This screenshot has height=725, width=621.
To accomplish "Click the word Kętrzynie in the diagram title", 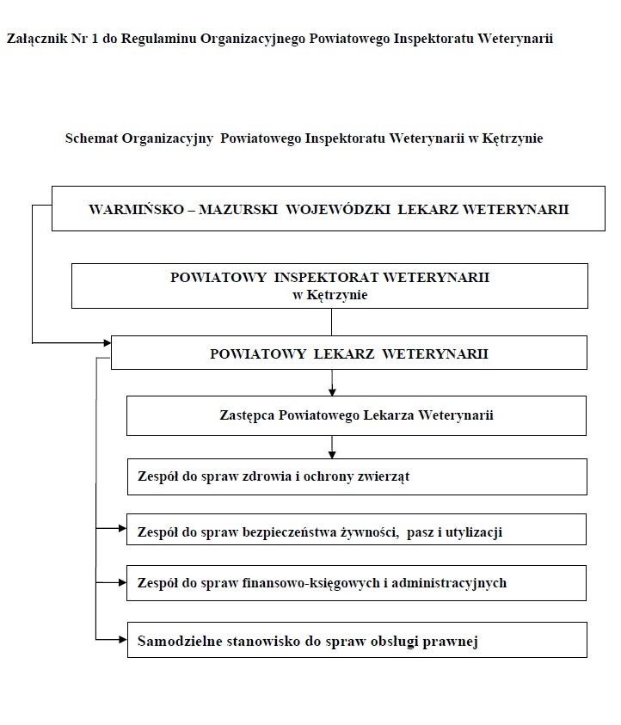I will (513, 138).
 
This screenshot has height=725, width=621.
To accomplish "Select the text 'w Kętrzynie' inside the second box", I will (330, 294).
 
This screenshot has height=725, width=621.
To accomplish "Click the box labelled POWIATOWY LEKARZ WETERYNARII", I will (348, 353).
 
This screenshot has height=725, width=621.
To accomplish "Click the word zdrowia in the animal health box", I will (250, 476).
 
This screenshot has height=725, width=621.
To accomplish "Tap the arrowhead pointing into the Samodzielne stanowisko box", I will (121, 639).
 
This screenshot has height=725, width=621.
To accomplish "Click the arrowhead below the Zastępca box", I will (332, 453).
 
